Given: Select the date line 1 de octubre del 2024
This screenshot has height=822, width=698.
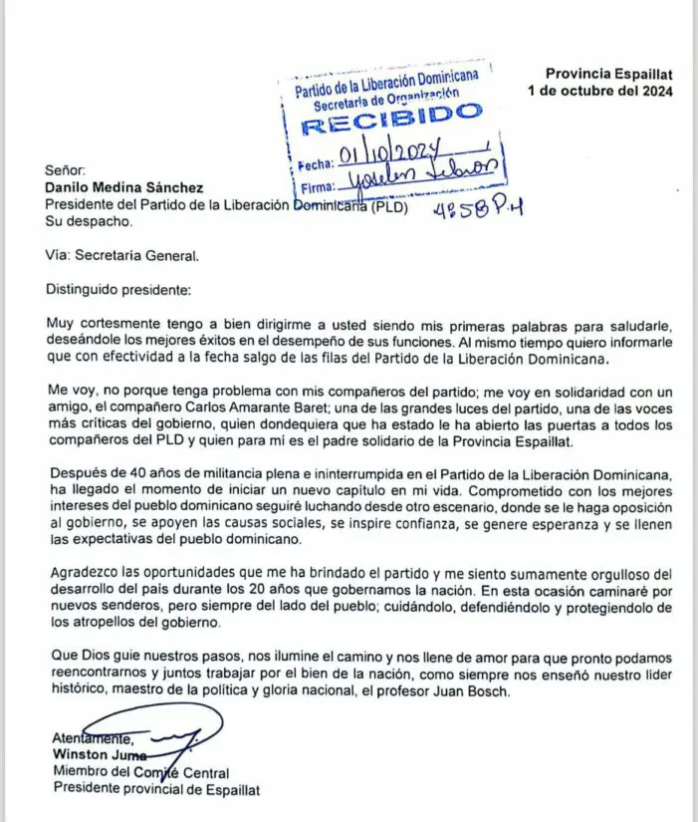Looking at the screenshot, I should click(x=600, y=91).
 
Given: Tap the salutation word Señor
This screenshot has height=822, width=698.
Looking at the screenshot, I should click(x=66, y=171).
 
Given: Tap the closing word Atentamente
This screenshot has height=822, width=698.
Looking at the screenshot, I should click(x=93, y=738).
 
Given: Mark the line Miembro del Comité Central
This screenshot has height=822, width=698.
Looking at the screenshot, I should click(x=140, y=772).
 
